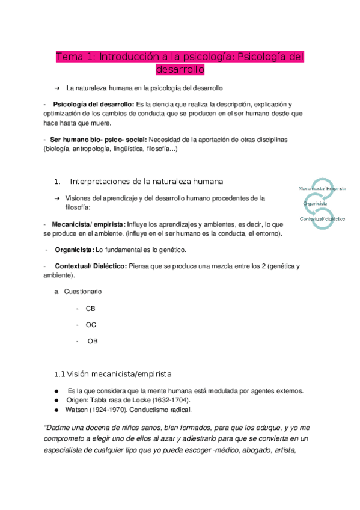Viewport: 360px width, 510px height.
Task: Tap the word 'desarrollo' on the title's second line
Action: [180, 70]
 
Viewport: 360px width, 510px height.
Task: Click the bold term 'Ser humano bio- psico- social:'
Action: [97, 139]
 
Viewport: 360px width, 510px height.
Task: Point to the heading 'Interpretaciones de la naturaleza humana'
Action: [147, 181]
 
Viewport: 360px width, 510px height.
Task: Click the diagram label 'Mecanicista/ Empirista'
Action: [323, 188]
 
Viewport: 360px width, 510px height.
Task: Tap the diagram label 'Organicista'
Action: [316, 204]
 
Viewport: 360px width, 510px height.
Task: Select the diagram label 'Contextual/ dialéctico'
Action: [323, 219]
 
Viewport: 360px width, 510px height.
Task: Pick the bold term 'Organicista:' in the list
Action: [75, 249]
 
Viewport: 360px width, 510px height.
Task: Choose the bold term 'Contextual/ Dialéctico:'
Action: [90, 266]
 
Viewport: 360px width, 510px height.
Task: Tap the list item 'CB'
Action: [91, 308]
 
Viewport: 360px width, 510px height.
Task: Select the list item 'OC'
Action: [91, 325]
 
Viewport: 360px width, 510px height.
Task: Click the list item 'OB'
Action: [92, 341]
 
